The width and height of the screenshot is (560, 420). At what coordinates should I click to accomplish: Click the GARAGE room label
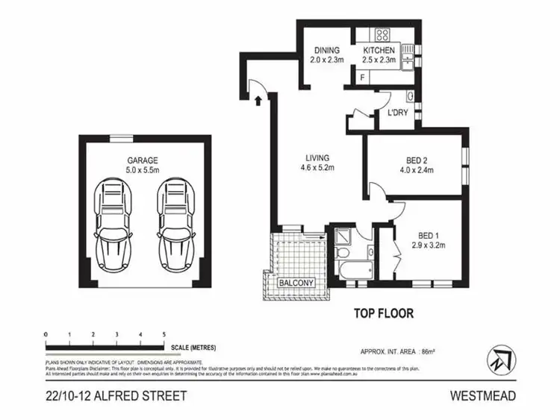tap(141, 160)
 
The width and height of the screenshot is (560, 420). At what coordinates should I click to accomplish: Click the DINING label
tap(326, 51)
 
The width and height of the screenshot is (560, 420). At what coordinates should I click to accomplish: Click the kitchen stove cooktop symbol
tap(382, 34)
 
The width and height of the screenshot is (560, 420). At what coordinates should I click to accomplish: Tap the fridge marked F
tap(363, 77)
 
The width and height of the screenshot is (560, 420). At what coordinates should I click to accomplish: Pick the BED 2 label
tap(417, 160)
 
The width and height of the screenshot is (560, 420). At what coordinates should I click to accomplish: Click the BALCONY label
tap(296, 283)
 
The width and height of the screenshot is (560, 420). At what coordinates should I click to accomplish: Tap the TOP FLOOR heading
tap(382, 313)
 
